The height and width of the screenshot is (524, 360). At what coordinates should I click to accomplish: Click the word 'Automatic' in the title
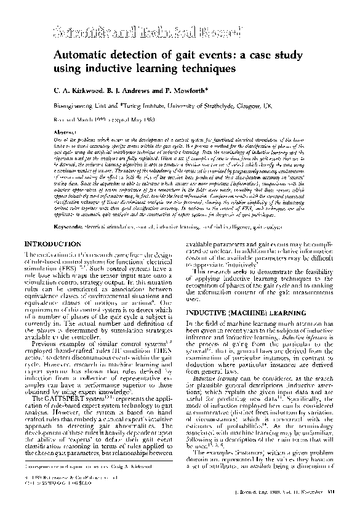click(x=94, y=51)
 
